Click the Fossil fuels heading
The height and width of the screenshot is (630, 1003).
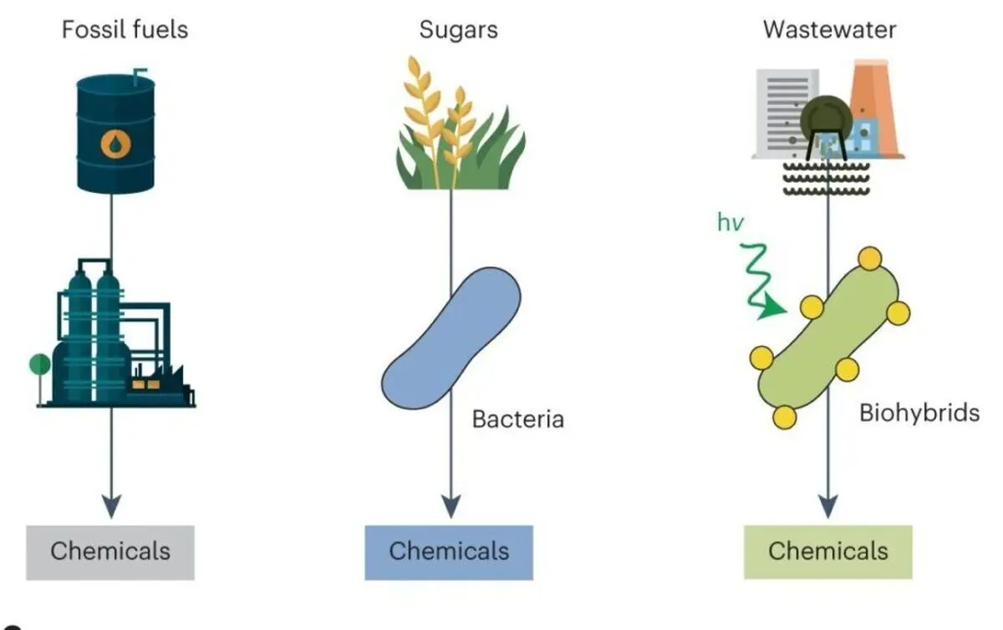point(125,30)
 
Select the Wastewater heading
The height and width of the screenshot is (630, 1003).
point(829,30)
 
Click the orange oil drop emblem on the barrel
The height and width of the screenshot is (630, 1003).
point(115,144)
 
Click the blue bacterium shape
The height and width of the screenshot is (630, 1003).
point(451,338)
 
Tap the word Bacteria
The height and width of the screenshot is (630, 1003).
point(518,419)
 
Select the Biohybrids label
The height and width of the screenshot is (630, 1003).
point(919,413)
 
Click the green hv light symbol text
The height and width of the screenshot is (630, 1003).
point(731,222)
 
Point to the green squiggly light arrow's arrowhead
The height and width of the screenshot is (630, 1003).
point(772,307)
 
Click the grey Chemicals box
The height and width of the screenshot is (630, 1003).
point(110,552)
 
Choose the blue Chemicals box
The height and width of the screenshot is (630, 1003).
point(449,552)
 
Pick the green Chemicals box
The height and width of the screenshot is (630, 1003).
point(828,552)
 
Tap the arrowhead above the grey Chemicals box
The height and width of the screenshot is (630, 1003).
point(111,506)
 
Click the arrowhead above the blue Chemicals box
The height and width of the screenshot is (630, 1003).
point(451,506)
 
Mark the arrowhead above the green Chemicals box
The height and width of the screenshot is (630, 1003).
point(828,506)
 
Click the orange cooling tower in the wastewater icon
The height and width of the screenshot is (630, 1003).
point(875,109)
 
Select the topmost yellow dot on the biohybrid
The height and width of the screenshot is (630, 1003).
point(870,258)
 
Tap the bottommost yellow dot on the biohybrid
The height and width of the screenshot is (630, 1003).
point(785,417)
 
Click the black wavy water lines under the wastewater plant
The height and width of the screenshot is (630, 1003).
point(827,179)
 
